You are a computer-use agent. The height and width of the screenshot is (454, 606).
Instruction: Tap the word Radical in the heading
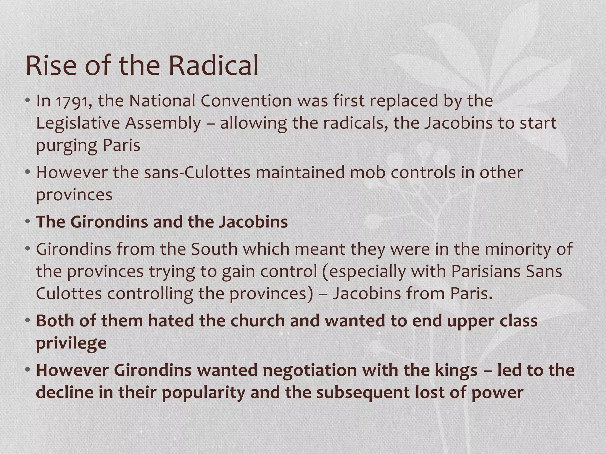(213, 66)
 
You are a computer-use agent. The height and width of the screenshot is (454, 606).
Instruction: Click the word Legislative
(78, 123)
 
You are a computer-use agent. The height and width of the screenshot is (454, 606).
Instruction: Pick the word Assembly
(163, 123)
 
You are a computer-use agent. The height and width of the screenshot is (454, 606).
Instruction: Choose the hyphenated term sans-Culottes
(197, 173)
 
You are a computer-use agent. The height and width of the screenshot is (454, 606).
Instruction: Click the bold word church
(257, 321)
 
